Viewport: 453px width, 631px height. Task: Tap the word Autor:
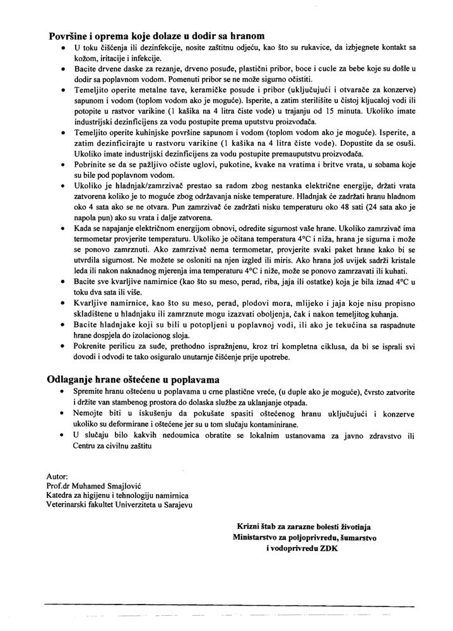point(57,475)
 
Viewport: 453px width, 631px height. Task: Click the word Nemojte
point(91,414)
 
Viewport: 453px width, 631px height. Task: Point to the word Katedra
point(62,495)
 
